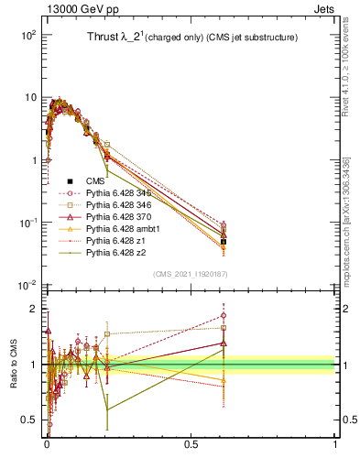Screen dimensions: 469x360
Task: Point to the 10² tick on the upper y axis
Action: click(29, 35)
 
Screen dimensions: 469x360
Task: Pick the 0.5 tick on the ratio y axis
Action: click(30, 420)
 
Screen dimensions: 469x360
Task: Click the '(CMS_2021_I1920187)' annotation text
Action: click(190, 273)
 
